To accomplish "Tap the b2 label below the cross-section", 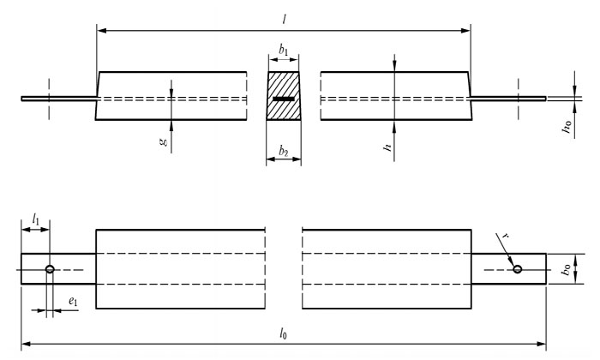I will [284, 152].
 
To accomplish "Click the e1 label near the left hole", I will [71, 303].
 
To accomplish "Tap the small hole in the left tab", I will [50, 270].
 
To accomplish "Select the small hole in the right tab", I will [518, 270].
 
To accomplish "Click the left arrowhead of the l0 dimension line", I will [27, 345].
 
